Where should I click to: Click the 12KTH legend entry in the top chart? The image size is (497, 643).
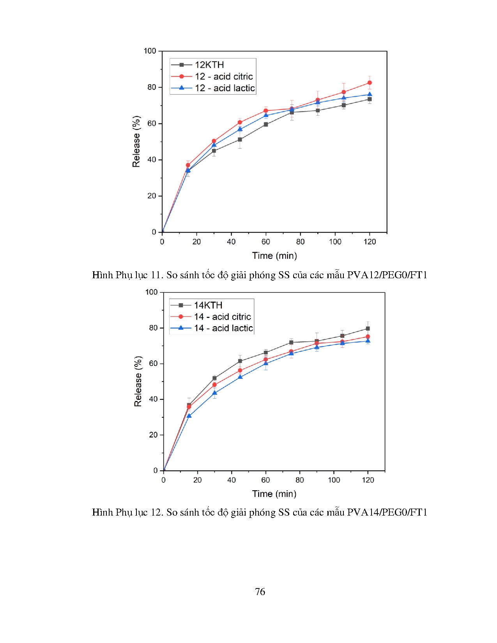coord(209,65)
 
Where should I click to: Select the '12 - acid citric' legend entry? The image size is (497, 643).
coord(224,76)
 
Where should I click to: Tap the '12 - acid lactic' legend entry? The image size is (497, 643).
coord(225,88)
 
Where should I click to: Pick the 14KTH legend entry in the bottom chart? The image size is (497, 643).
coord(208,305)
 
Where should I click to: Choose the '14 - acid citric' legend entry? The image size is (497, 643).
coord(222,317)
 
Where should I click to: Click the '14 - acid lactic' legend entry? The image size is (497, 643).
coord(223,328)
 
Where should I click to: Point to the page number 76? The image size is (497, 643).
coord(260,592)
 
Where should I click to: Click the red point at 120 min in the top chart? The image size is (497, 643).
coord(370,83)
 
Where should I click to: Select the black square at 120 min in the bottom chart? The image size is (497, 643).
coord(368,329)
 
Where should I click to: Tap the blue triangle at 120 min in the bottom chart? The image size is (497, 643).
coord(368,341)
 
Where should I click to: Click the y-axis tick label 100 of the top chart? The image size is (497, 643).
coord(150,51)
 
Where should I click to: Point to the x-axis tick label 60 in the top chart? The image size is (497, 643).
coord(266,242)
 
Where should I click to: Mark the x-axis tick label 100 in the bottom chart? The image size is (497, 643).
coord(334,480)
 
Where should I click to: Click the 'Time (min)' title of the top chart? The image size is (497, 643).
coord(274,256)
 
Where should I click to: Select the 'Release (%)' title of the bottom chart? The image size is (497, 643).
coord(138,381)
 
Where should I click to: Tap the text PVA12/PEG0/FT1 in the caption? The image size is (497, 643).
coord(387,275)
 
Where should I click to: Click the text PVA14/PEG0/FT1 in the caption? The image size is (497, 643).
coord(387,512)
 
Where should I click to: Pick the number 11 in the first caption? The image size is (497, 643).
coord(156,275)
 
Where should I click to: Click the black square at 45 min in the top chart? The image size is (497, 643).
coord(240,140)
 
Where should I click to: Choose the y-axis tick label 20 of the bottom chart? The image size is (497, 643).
coord(153,435)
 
